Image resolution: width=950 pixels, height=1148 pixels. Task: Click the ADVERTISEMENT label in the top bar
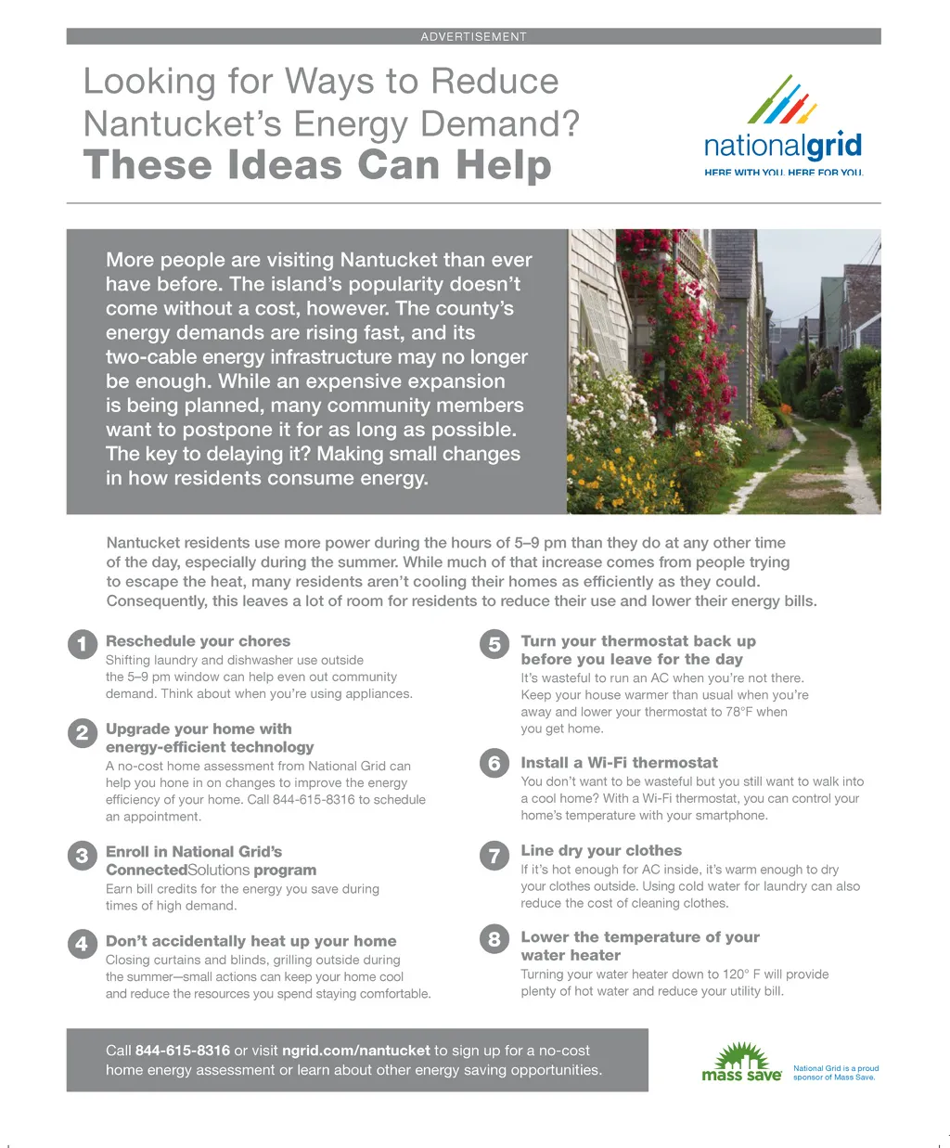click(x=473, y=37)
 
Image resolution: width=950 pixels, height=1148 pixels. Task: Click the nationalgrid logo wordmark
click(x=783, y=147)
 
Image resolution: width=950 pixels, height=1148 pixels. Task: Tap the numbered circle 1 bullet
click(x=83, y=644)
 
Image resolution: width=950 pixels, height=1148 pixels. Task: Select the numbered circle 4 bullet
click(x=83, y=944)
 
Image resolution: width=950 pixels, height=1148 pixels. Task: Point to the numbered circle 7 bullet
click(x=494, y=855)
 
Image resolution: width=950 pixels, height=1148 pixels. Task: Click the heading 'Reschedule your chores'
click(x=198, y=641)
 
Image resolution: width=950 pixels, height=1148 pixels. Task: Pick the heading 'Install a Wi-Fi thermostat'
click(x=619, y=763)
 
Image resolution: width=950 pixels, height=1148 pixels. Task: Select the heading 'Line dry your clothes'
click(x=601, y=850)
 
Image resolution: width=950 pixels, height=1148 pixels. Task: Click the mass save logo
click(x=741, y=1064)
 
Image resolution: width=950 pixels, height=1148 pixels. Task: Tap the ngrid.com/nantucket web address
click(x=356, y=1051)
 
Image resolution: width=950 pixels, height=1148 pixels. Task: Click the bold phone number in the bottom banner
click(x=183, y=1051)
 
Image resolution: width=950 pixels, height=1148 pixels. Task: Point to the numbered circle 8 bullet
click(x=494, y=939)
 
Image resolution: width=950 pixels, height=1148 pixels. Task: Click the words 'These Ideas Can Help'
click(x=317, y=165)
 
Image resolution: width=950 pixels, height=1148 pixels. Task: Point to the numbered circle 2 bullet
click(x=83, y=733)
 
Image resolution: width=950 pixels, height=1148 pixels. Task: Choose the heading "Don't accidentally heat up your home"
click(x=250, y=941)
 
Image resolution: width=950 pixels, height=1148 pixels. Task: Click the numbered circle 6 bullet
click(x=494, y=763)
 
